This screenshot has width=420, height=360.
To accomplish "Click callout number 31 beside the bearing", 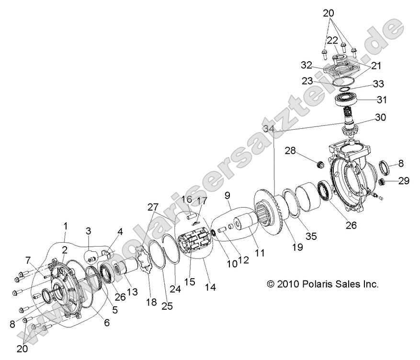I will (x=395, y=100).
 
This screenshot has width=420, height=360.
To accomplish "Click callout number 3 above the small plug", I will (x=88, y=231).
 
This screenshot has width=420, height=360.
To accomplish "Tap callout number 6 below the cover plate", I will (x=106, y=323).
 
